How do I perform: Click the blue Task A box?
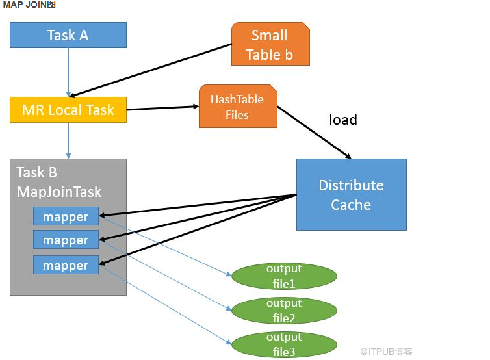coord(68,35)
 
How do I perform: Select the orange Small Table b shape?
coord(270,44)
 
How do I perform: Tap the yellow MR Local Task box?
coord(68,110)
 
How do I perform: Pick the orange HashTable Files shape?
coord(237,107)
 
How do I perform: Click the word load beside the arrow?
coord(342,120)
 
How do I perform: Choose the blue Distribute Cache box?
coord(351,194)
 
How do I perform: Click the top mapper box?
coord(66,216)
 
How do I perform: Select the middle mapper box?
coord(66,240)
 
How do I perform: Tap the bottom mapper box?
coord(66,265)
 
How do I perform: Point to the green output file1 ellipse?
coord(284,276)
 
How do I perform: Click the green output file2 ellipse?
coord(284,311)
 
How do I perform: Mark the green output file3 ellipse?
coord(284,344)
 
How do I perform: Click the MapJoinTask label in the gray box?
coord(59,192)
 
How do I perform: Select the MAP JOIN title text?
coord(29,5)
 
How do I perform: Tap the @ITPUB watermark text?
coord(386,352)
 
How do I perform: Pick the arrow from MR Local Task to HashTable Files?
coord(162,109)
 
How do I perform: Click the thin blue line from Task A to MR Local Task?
coord(68,71)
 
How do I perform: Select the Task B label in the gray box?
coord(37,172)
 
